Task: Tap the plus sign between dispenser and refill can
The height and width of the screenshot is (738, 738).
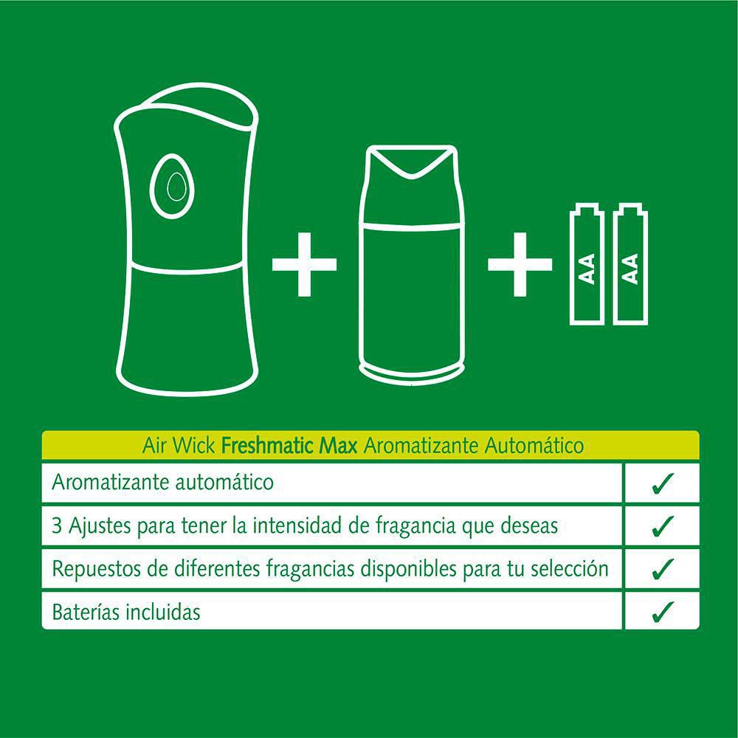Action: tap(304, 263)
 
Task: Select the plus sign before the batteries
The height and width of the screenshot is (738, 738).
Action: tap(520, 263)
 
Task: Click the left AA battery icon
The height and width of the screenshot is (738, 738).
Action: tap(587, 264)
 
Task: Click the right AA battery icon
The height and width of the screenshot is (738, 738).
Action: tap(631, 264)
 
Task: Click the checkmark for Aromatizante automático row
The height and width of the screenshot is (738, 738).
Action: tap(662, 483)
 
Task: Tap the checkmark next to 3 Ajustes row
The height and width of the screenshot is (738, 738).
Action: tap(662, 526)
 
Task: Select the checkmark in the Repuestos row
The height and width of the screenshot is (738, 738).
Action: tap(662, 569)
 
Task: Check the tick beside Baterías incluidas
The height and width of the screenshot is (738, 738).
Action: tap(662, 611)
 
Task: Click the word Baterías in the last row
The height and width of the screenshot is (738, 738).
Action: tap(82, 612)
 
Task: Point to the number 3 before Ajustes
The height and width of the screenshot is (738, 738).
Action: tap(58, 526)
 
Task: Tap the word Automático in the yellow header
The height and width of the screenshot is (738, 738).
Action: tap(535, 446)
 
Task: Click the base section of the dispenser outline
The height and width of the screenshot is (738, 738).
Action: tap(189, 332)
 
